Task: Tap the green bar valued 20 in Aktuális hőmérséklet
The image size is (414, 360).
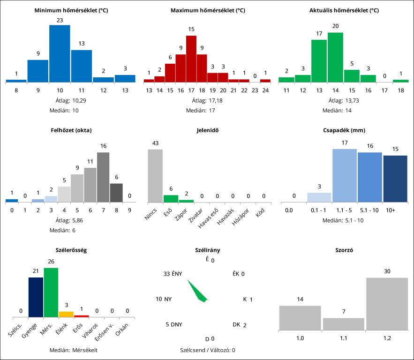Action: point(335,57)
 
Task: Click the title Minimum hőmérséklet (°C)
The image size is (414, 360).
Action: point(71,10)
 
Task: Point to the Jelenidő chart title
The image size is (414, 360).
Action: point(207,130)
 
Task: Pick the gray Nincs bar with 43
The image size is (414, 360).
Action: point(155,175)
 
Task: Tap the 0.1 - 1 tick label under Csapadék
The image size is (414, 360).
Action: point(319,210)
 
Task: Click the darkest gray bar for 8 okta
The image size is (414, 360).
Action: point(116,192)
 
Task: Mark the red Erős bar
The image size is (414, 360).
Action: point(82,315)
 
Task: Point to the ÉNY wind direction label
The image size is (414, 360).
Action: point(177,274)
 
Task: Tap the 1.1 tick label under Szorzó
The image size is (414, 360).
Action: point(344,337)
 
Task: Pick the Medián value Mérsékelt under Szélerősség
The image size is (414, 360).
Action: point(85,350)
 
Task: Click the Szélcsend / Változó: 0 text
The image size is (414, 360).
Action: point(207,350)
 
